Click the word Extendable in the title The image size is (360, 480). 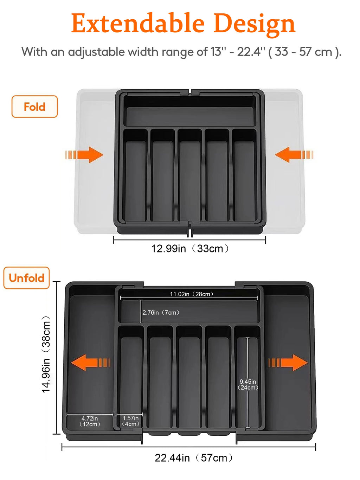click(x=138, y=24)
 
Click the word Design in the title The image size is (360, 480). click(x=254, y=24)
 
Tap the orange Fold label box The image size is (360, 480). click(x=34, y=107)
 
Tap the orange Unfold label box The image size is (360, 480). click(x=27, y=278)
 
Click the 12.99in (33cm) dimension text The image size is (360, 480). click(x=190, y=249)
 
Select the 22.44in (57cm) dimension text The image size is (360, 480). click(x=194, y=458)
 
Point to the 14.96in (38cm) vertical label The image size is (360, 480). click(x=46, y=354)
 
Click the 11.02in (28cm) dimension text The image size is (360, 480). click(x=192, y=294)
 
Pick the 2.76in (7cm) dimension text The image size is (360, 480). click(x=161, y=312)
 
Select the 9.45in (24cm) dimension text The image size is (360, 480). click(x=248, y=384)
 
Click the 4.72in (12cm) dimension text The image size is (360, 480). click(x=90, y=421)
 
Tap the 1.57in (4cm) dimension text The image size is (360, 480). click(x=130, y=421)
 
